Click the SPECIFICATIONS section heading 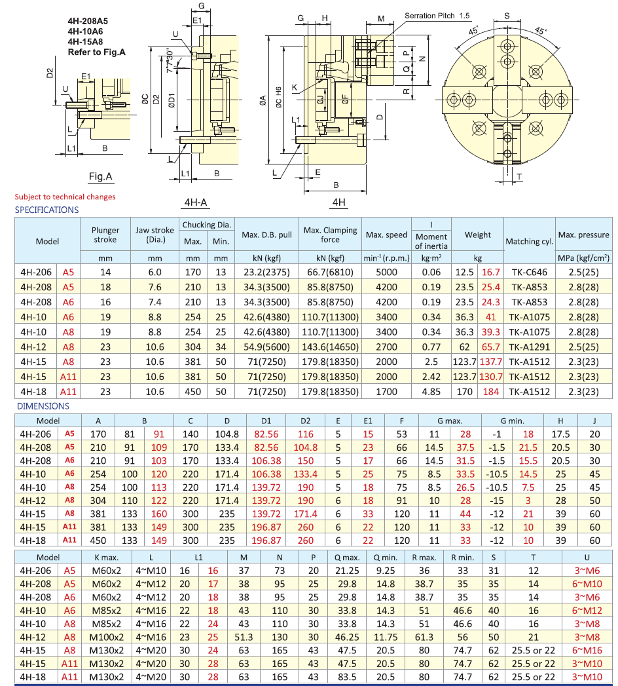46,210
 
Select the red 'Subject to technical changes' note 65,197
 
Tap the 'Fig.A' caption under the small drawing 101,176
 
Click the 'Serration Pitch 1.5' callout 437,15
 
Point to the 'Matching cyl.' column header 529,242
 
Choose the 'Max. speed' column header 386,235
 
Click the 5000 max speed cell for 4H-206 386,271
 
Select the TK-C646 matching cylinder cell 529,271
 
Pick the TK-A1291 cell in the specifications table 529,347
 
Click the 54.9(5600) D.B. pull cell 266,347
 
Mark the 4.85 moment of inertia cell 431,392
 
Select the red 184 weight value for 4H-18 490,392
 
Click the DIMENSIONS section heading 42,406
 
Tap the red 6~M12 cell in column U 587,609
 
